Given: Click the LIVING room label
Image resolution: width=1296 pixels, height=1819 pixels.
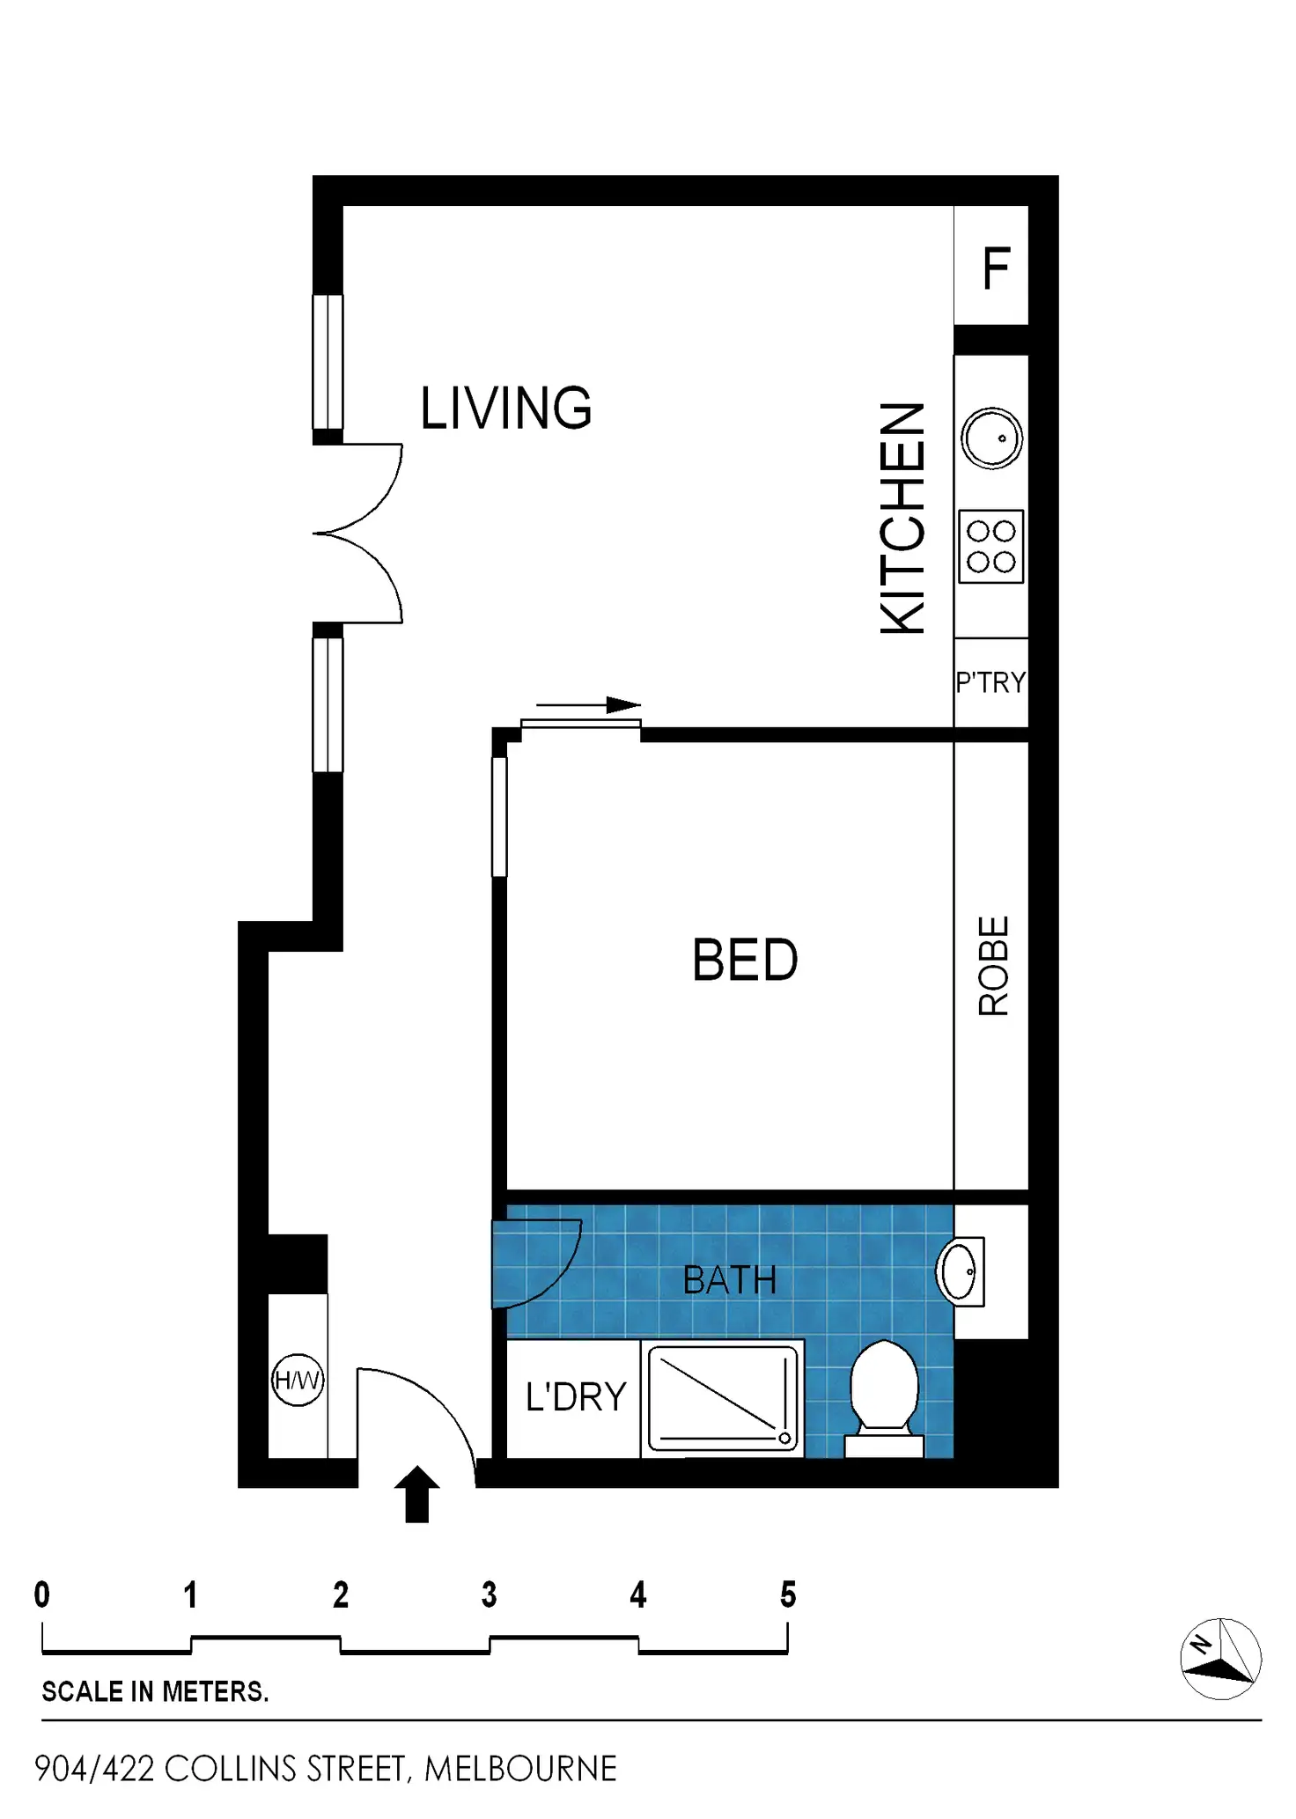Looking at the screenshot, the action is (x=506, y=408).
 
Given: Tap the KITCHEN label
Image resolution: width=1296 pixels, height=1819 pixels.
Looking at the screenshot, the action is (x=903, y=518).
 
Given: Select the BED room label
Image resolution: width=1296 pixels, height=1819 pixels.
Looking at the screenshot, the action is (x=745, y=960).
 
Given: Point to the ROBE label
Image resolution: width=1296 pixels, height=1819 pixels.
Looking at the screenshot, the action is (x=993, y=966).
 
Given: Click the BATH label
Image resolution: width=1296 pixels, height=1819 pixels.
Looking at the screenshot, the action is (x=730, y=1280).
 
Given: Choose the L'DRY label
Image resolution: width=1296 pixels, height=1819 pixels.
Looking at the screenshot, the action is (x=576, y=1397).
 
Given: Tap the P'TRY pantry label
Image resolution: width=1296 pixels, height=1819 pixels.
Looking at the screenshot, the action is (x=991, y=682).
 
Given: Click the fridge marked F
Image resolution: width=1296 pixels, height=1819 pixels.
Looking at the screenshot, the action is (x=991, y=265).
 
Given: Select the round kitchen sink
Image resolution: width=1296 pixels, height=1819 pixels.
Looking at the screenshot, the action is (x=992, y=438).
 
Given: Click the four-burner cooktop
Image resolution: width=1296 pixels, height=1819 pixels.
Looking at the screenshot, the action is (x=991, y=546).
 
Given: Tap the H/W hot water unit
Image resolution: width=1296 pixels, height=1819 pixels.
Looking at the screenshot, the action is (x=298, y=1380).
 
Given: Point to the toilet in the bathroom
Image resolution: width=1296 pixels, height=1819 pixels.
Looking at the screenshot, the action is (x=884, y=1398).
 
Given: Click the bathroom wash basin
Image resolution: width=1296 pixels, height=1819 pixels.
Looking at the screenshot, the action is (x=960, y=1271).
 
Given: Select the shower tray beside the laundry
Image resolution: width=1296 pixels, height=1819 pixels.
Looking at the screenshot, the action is (x=722, y=1398).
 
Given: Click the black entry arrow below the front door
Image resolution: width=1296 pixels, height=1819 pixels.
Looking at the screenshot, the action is (x=416, y=1494).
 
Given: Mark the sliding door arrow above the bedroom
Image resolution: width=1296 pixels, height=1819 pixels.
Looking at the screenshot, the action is (x=589, y=705).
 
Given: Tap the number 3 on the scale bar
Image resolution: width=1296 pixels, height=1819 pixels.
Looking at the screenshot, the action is (x=490, y=1594).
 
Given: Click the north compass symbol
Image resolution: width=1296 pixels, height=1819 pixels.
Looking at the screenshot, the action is (x=1220, y=1659).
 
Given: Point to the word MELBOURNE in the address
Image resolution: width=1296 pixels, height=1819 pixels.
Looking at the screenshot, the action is (x=520, y=1769).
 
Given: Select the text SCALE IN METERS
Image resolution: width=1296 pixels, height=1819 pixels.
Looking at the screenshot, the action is (x=155, y=1691).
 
